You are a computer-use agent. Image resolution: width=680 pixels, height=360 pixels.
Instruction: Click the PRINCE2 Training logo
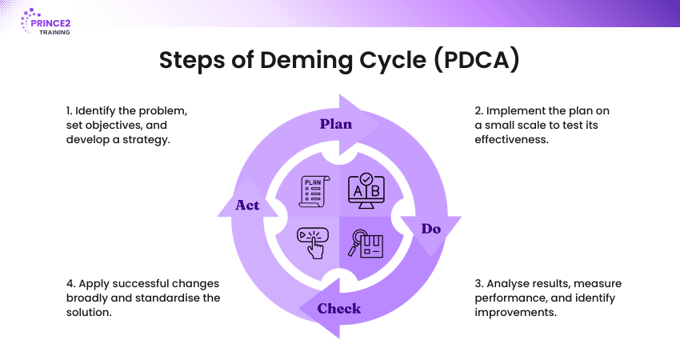[x=46, y=23]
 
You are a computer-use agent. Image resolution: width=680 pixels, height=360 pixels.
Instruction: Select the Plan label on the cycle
[x=336, y=124]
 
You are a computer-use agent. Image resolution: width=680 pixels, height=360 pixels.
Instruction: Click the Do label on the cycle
[x=431, y=229]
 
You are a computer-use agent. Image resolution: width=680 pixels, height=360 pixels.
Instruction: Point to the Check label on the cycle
[x=339, y=308]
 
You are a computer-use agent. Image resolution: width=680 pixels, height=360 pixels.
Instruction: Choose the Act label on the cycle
[x=247, y=206]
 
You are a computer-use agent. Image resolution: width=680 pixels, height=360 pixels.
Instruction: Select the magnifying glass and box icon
[x=365, y=242]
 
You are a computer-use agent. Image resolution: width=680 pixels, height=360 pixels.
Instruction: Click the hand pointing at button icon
[x=312, y=242]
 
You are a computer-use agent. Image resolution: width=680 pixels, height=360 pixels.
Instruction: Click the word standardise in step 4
[x=185, y=298]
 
